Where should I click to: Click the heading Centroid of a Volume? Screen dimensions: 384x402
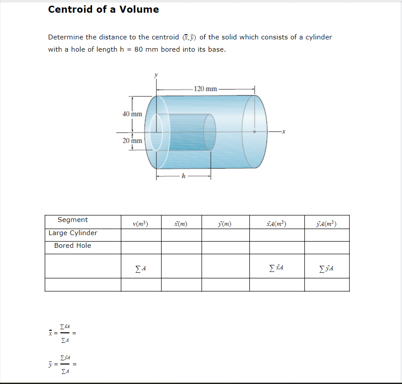click(x=103, y=9)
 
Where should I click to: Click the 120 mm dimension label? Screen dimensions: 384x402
click(x=205, y=89)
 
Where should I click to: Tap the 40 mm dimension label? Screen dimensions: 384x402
click(x=132, y=114)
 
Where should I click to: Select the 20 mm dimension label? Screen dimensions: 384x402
click(x=132, y=141)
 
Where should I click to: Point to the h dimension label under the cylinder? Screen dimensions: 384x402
click(x=184, y=176)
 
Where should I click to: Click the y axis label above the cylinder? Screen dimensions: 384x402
click(x=155, y=75)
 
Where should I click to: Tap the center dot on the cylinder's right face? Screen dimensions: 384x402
click(x=254, y=131)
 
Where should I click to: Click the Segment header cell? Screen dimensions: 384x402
click(x=73, y=220)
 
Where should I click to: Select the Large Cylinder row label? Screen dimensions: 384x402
click(x=73, y=233)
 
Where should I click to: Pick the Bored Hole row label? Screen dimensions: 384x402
click(x=73, y=246)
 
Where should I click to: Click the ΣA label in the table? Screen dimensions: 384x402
click(x=140, y=268)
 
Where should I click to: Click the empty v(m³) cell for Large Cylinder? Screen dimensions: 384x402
click(x=141, y=235)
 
